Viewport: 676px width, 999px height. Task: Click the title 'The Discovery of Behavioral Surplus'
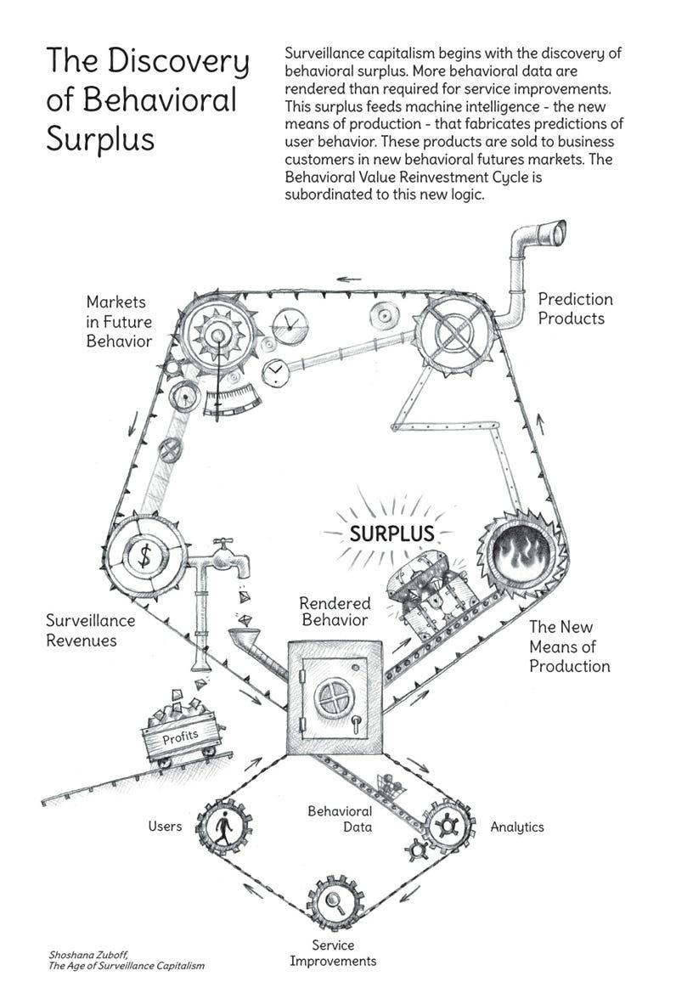tap(148, 99)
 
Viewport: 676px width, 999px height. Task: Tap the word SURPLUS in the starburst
tap(392, 533)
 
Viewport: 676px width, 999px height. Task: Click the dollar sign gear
tap(145, 556)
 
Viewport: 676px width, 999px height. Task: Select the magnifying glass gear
tap(334, 903)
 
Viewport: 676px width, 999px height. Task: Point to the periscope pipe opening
tap(555, 234)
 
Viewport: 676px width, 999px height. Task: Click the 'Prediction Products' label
tap(575, 309)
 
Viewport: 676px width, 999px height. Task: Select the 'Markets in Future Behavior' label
tap(118, 321)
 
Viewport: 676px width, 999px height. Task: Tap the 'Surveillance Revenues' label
tap(93, 630)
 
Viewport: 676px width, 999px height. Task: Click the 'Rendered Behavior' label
tap(335, 611)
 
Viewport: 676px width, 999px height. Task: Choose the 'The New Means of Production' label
tap(569, 646)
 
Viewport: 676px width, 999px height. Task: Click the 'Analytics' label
tap(516, 827)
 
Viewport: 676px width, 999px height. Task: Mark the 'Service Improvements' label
tap(332, 953)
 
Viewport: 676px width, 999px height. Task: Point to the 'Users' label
tap(165, 826)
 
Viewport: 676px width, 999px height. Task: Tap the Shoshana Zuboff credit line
tap(127, 959)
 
